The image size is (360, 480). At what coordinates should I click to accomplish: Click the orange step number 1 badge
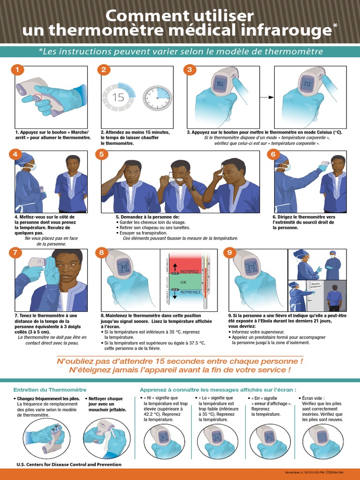17,70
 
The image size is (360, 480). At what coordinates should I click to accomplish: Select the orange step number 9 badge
229,253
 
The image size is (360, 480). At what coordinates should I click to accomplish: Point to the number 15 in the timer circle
119,97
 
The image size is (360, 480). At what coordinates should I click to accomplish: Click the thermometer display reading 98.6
219,84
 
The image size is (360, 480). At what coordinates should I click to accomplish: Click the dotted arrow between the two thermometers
266,97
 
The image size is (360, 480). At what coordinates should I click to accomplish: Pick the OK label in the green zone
183,282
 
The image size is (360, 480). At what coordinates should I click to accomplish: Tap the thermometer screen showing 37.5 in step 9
252,268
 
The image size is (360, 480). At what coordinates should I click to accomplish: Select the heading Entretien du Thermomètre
50,390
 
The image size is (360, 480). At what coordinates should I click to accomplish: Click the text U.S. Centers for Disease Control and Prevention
69,465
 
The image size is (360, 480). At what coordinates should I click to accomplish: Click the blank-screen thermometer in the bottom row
322,437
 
